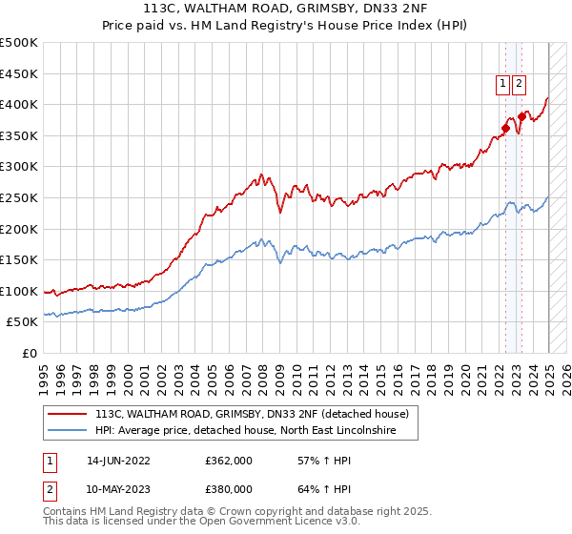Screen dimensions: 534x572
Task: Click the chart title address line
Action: [285, 9]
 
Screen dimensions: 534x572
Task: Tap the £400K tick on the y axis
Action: [19, 104]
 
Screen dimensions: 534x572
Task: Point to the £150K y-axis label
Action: [19, 259]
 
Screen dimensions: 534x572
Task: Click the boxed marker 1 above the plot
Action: [501, 84]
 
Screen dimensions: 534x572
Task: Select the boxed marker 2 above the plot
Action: [519, 84]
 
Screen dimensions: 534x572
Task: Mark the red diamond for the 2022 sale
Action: [505, 128]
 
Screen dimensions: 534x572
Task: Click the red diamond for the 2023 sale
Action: [521, 116]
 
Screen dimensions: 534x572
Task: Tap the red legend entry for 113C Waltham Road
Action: [252, 414]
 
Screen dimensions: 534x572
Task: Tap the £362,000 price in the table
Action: [228, 460]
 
